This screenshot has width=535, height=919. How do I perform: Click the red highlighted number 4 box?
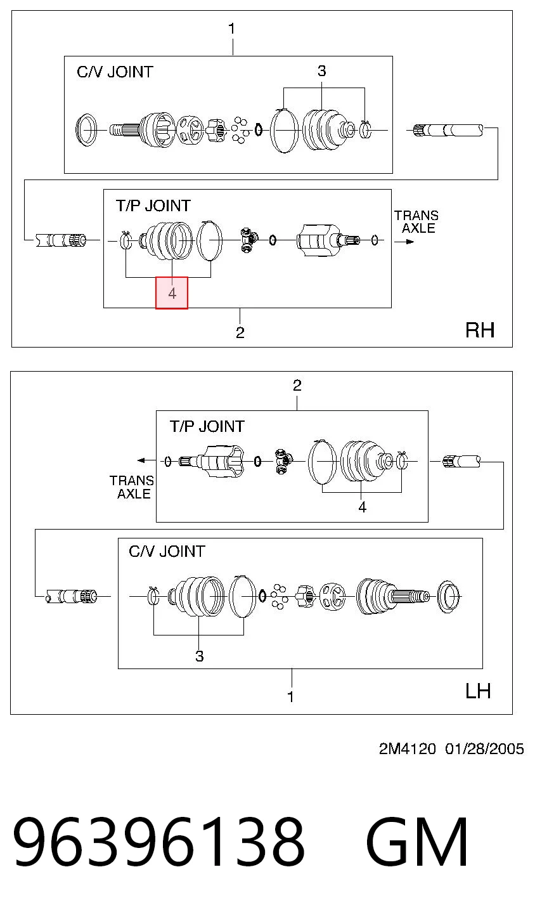pos(172,292)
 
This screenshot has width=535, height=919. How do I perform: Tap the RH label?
pos(480,330)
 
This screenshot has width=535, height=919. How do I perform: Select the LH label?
pos(478,691)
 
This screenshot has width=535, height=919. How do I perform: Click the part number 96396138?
pos(158,842)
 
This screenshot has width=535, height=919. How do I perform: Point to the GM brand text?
pos(417,842)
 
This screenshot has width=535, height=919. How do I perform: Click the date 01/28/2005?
pos(484,749)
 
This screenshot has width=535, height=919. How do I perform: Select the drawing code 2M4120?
pos(407,749)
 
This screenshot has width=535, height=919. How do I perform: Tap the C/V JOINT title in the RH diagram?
pos(115,72)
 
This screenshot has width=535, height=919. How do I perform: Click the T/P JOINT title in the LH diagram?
pos(207,426)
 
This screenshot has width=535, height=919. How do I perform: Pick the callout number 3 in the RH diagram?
pos(322,71)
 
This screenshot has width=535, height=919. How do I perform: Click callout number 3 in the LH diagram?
pos(199,656)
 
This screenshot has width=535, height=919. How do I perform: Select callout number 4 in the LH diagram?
pos(362,507)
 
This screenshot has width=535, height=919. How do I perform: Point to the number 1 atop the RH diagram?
pos(232,29)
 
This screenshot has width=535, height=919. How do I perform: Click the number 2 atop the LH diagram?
pos(297,385)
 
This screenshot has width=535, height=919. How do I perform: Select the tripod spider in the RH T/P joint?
pos(248,240)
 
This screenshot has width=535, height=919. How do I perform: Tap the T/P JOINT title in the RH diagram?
pos(153,205)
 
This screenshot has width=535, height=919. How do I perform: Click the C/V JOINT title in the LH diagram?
pos(167,551)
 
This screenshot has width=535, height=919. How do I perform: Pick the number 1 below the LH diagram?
pos(291,696)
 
